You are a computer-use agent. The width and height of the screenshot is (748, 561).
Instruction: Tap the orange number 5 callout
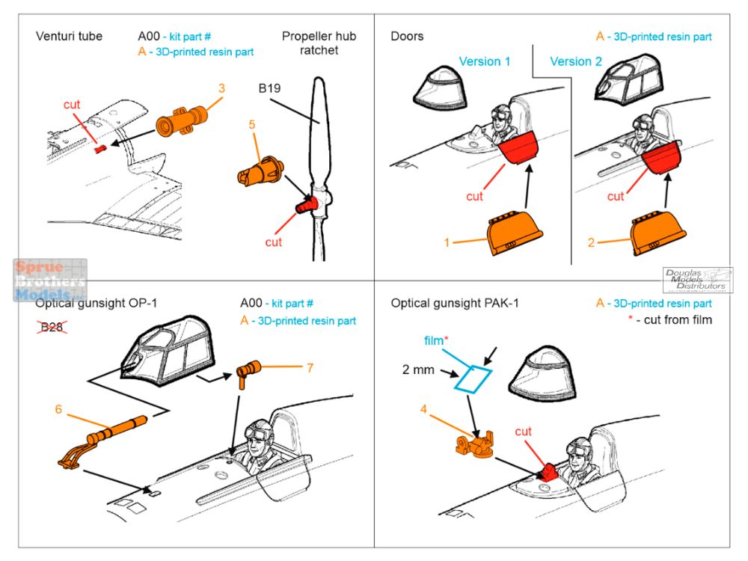pyautogui.click(x=253, y=125)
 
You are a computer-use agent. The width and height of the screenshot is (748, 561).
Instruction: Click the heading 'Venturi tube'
pyautogui.click(x=69, y=36)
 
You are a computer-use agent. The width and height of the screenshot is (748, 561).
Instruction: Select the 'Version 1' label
pyautogui.click(x=485, y=61)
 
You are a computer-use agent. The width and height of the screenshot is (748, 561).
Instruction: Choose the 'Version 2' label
pyautogui.click(x=576, y=61)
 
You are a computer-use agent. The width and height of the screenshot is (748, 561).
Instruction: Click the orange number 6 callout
pyautogui.click(x=58, y=409)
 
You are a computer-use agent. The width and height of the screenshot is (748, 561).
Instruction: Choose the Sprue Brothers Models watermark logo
pyautogui.click(x=49, y=280)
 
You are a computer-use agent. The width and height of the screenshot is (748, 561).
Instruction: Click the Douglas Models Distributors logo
pyautogui.click(x=696, y=279)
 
